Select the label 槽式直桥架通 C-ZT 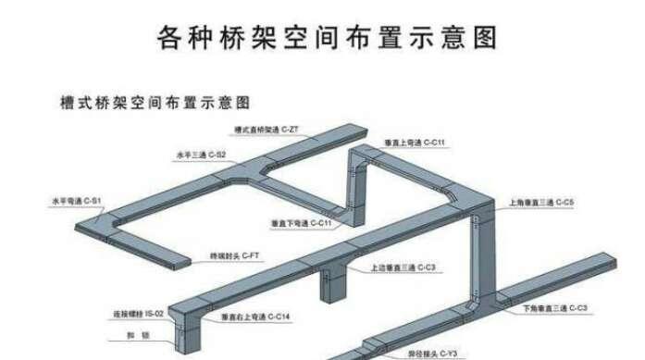coord(267,130)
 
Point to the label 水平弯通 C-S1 coord(77,200)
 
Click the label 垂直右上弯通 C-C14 coord(256,317)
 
